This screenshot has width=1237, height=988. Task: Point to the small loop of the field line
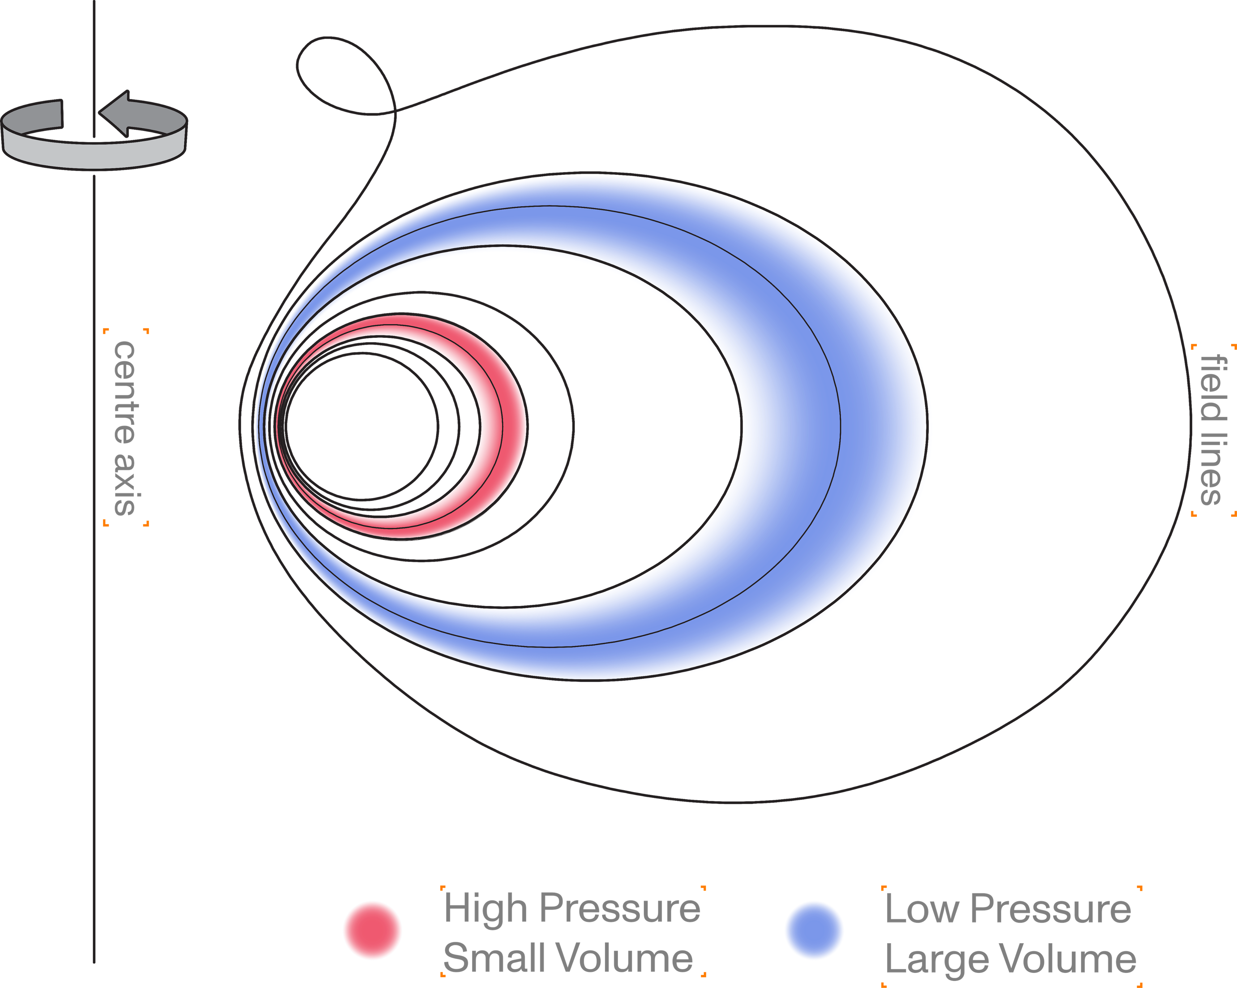tap(344, 75)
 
